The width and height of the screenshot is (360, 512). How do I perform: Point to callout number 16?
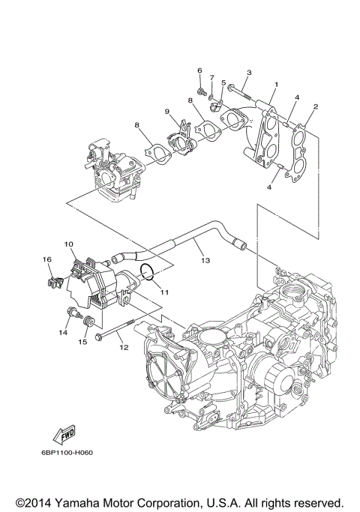click(x=46, y=259)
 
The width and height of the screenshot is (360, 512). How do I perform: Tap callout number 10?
click(x=68, y=244)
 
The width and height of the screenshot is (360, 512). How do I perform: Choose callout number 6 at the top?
click(x=200, y=70)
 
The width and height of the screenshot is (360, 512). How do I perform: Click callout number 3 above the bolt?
click(x=249, y=72)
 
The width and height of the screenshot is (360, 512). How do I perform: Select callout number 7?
click(x=212, y=77)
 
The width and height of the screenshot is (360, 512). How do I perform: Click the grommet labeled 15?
click(x=88, y=322)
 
